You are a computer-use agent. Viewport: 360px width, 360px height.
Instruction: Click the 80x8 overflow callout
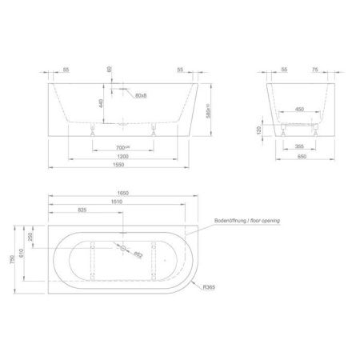(x=141, y=96)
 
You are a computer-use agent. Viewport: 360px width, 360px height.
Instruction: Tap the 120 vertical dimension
(x=270, y=130)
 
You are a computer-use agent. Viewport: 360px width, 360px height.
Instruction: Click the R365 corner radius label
(x=210, y=286)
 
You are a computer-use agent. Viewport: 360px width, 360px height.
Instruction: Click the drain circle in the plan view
(x=123, y=250)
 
